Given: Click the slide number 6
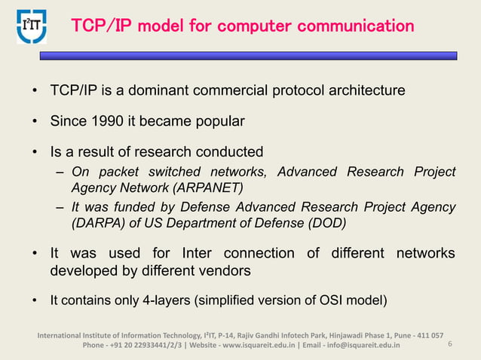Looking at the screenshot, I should point(449,345).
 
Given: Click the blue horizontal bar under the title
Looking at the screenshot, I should point(249,56).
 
